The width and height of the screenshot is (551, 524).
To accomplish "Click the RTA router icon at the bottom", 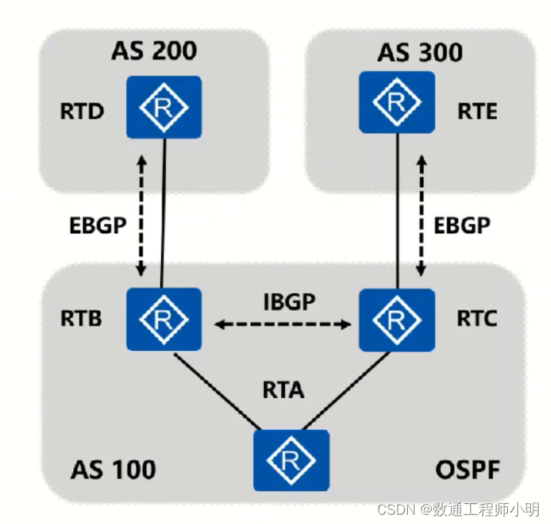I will click(x=292, y=460).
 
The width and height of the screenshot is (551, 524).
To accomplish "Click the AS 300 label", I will click(x=419, y=52).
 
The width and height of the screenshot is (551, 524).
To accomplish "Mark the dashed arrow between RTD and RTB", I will click(x=141, y=215).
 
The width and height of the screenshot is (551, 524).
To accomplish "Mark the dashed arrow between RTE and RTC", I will click(x=421, y=215).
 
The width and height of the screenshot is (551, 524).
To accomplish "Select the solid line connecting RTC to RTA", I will click(x=346, y=392).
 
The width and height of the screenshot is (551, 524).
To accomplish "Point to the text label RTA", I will click(x=282, y=391).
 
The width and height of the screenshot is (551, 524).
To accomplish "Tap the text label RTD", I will click(x=82, y=112).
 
